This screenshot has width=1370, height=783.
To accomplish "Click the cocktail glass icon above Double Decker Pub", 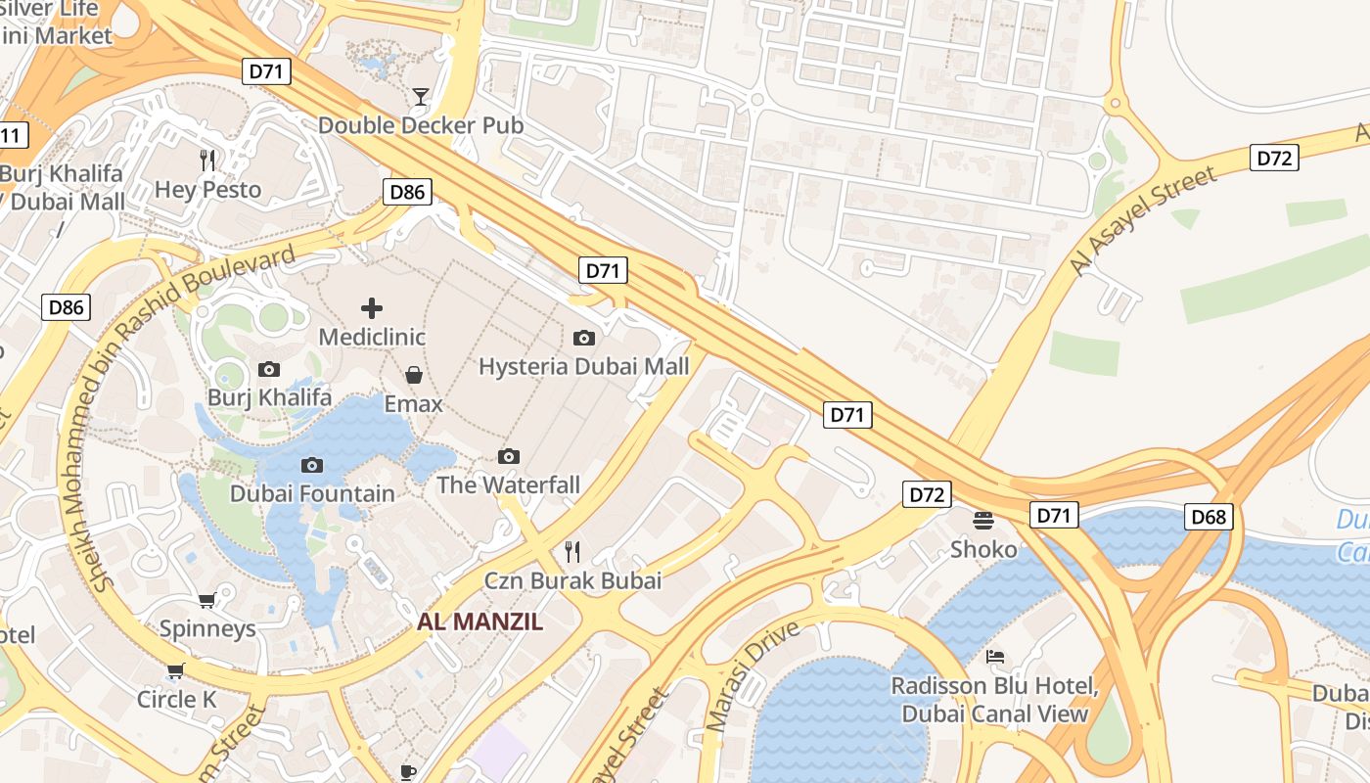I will point(421,96).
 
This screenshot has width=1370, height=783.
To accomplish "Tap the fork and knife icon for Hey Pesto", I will point(207,161).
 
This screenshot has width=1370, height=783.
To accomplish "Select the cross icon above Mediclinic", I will point(372,308).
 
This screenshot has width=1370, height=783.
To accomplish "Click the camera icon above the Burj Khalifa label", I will point(269,369).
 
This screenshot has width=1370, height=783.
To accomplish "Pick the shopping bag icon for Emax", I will point(414,375).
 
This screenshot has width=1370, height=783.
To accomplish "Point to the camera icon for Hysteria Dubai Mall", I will point(584,338).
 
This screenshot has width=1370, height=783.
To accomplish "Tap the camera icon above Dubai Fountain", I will point(312,465).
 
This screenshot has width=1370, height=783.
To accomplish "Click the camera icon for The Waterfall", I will point(509,456).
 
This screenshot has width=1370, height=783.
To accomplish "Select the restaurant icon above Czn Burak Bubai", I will point(572,552).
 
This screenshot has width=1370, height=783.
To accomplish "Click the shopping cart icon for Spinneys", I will point(206,600).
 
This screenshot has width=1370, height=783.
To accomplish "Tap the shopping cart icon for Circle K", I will point(175,670).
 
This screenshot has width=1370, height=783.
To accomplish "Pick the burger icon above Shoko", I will point(983,520).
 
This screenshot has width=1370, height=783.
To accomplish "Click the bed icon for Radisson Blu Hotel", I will point(995,656).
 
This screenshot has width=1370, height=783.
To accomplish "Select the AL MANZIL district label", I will point(479,622).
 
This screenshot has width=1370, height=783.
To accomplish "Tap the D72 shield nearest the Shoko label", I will point(926,494).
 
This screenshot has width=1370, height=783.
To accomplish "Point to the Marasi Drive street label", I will point(753,675).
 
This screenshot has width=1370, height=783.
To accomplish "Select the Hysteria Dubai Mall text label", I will point(583,367).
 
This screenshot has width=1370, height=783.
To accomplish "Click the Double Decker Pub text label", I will point(421,125).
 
